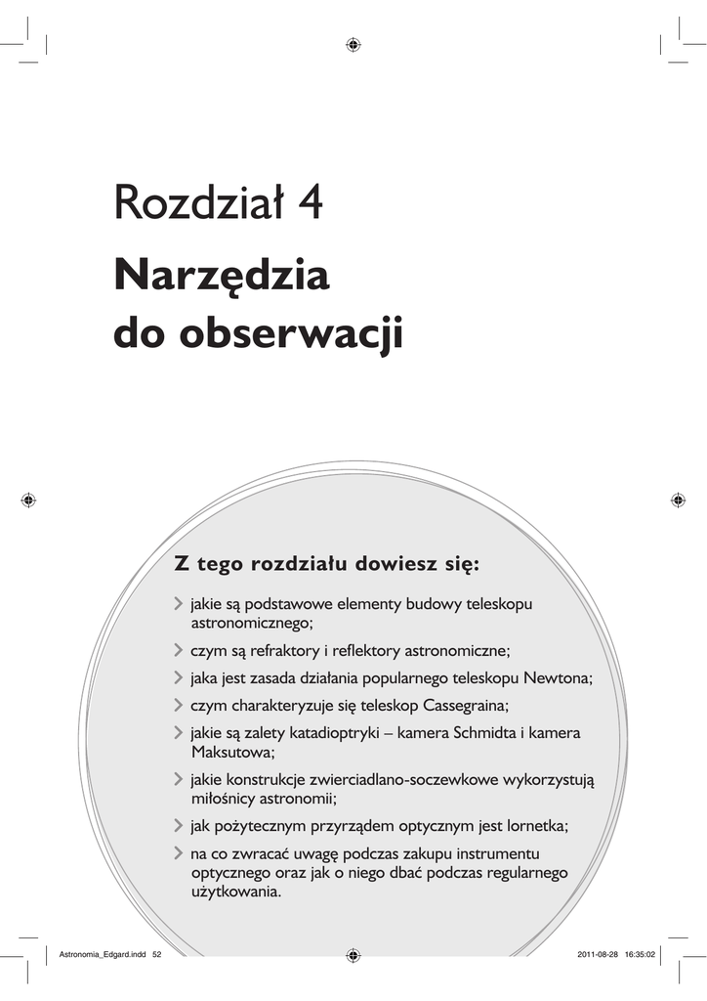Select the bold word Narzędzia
click(x=222, y=279)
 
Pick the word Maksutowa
click(x=232, y=752)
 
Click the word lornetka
click(x=532, y=825)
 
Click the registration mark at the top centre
click(x=353, y=44)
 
